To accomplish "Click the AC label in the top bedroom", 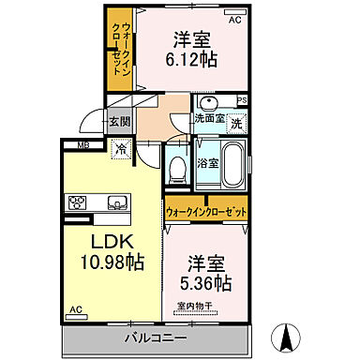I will pos(233,20).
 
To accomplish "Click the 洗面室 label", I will pos(208,119).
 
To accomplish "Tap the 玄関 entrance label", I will pos(117,120).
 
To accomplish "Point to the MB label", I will pos(82,144).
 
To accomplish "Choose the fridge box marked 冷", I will pos(120,147).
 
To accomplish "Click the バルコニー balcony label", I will pos(155,337).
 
